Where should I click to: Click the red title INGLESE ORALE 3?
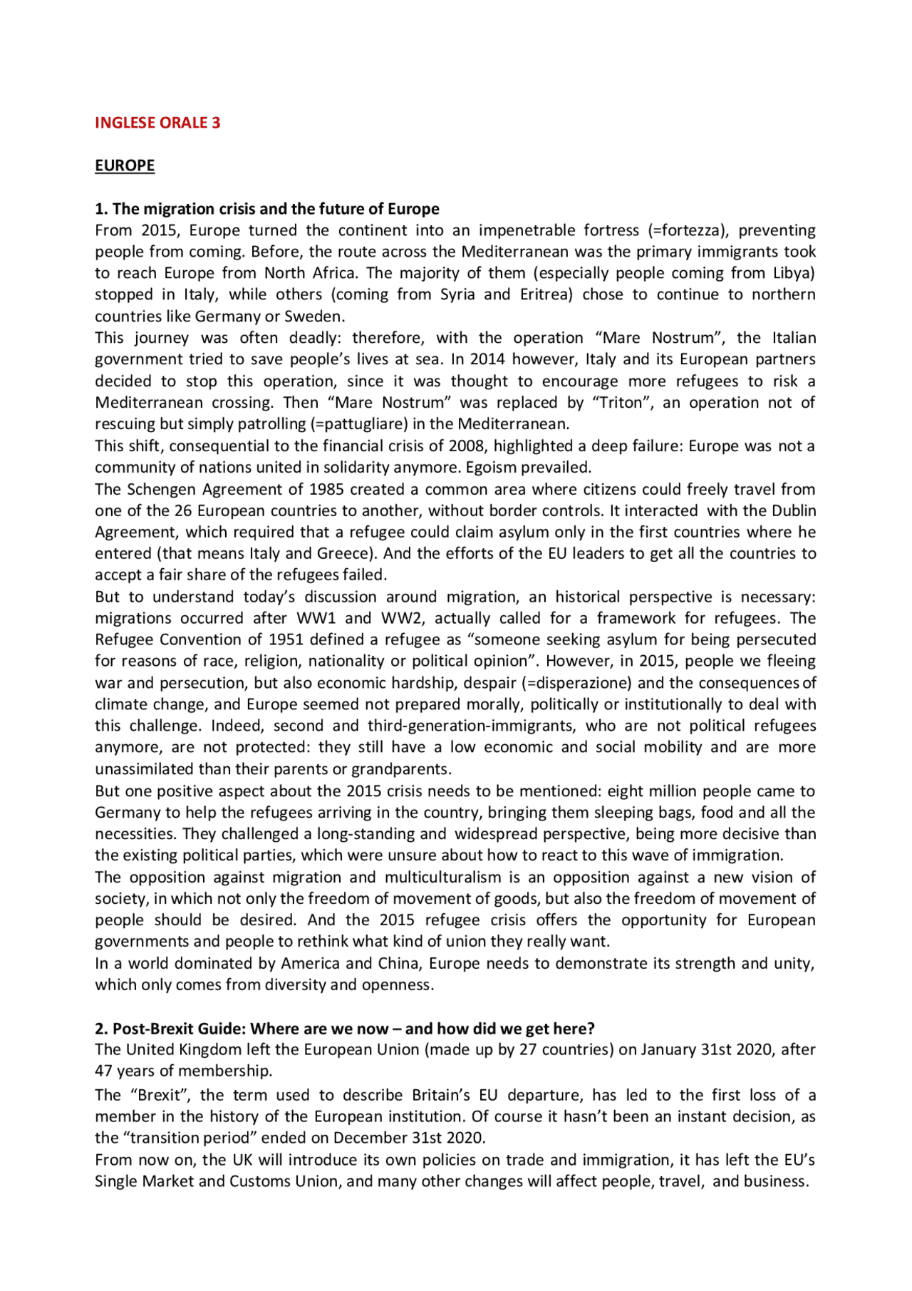coord(157,123)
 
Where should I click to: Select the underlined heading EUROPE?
coord(125,165)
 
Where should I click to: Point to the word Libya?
coord(794,273)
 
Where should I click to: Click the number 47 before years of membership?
coord(103,1071)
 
